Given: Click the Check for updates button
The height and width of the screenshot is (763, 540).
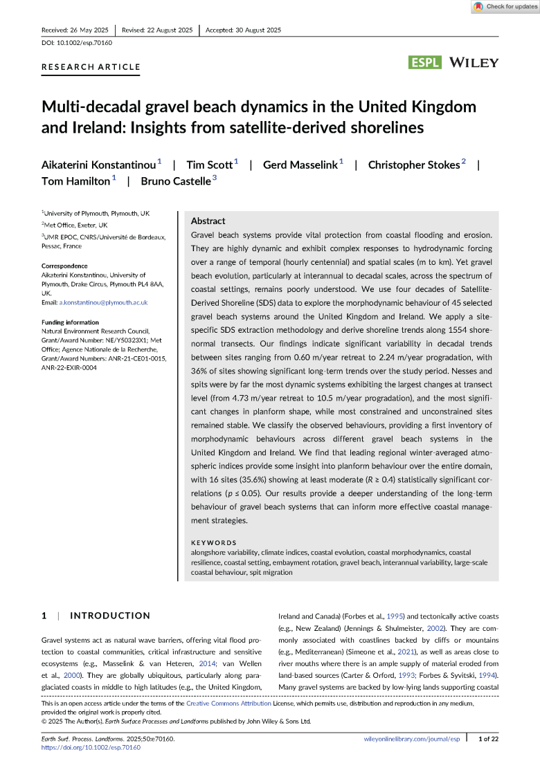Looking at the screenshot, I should (505, 7).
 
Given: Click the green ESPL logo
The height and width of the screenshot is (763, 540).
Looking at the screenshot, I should (426, 63).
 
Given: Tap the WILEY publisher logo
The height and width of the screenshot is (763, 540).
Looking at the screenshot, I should (474, 63).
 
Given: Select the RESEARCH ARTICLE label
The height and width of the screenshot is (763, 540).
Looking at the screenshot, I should (91, 67).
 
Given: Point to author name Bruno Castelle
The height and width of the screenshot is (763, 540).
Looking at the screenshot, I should (175, 181).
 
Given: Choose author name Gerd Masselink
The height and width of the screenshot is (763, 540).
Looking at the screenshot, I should (300, 165).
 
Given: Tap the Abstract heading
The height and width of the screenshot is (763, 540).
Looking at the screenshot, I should (208, 221).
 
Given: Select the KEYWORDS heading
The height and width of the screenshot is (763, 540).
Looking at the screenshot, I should (213, 543).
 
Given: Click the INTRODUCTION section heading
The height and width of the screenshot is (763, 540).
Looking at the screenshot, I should (110, 616).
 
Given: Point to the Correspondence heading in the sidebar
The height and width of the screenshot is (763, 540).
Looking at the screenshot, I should (64, 266).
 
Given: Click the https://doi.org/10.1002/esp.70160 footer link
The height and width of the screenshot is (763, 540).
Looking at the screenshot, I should (87, 748).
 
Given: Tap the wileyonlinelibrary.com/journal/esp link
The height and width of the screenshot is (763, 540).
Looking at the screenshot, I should (411, 739).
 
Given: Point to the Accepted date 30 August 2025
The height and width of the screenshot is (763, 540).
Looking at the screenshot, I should (243, 30).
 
